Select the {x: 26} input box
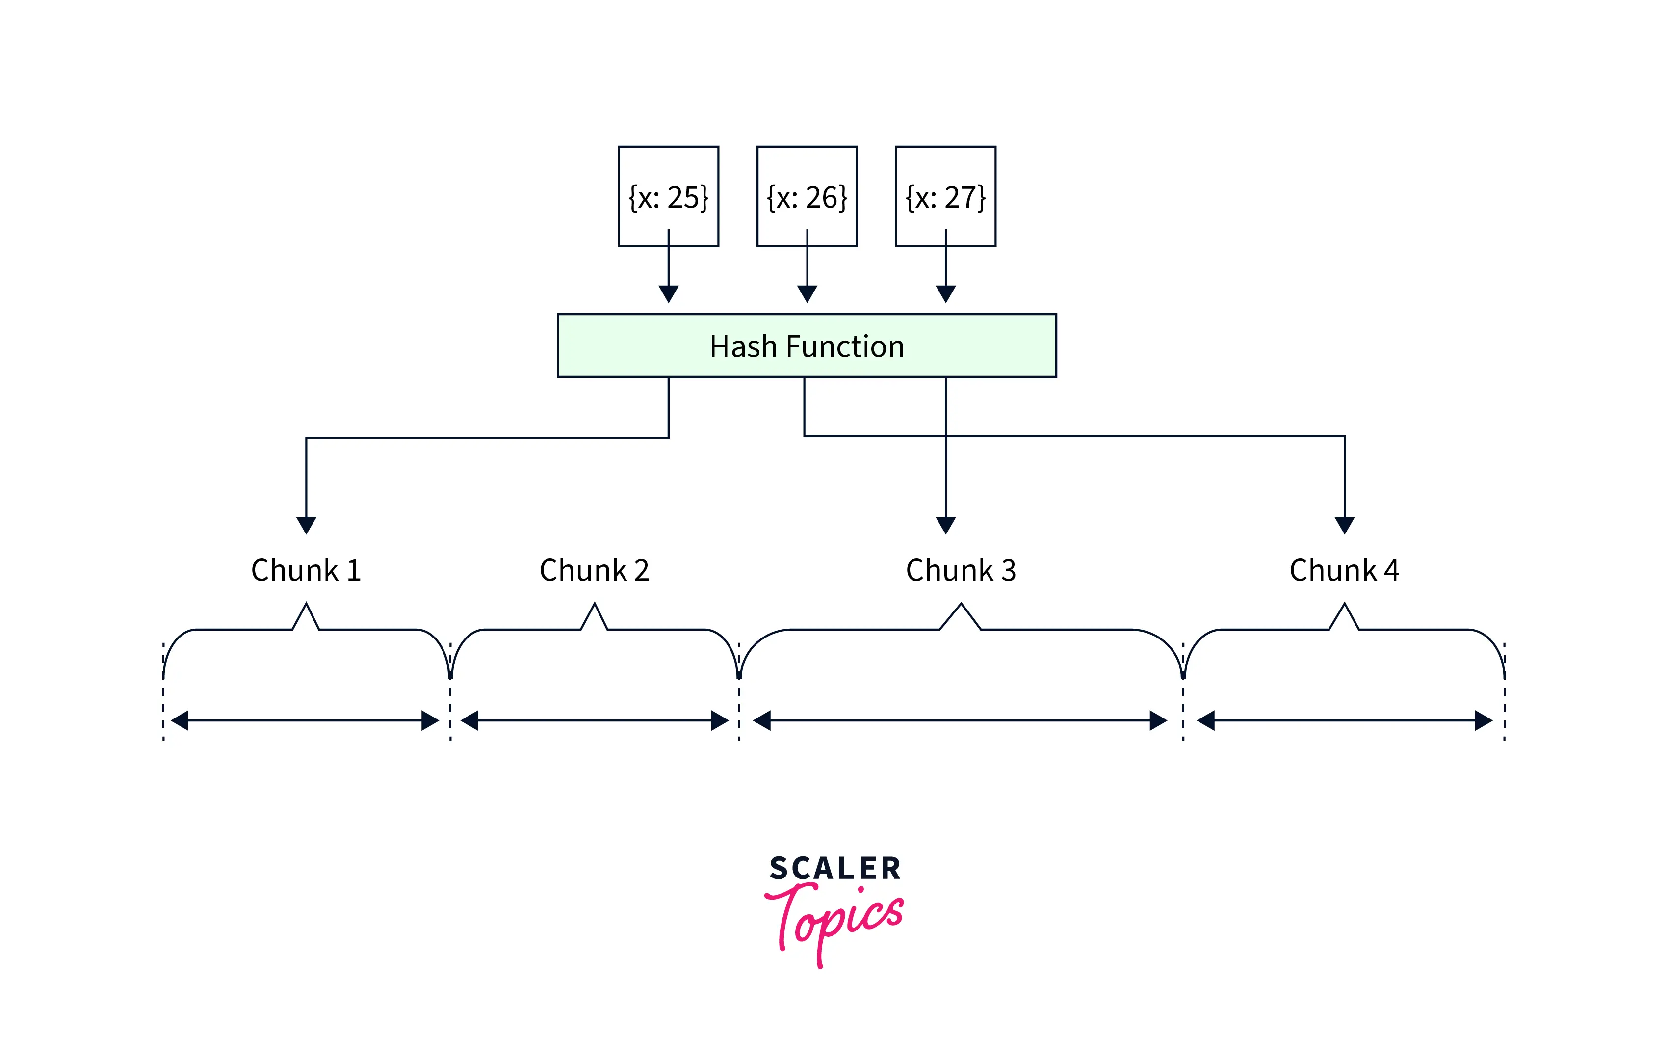point(807,196)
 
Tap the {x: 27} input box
point(945,196)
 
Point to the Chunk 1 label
point(306,570)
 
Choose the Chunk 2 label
point(594,570)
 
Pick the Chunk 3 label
point(960,570)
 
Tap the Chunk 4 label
point(1344,570)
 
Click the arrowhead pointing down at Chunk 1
point(306,525)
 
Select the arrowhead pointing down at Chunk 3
point(945,525)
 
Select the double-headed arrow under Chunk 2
point(594,720)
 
